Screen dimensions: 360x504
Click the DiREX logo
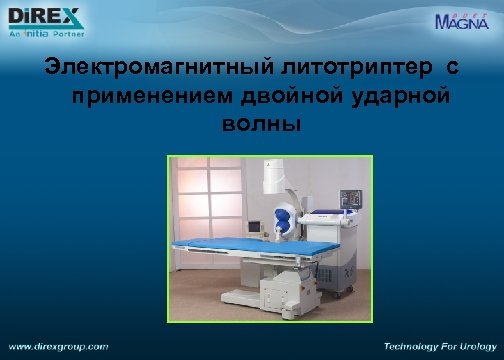click(43, 17)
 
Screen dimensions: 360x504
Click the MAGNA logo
click(463, 21)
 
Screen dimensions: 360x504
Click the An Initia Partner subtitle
click(41, 32)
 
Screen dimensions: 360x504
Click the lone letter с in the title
click(452, 69)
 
